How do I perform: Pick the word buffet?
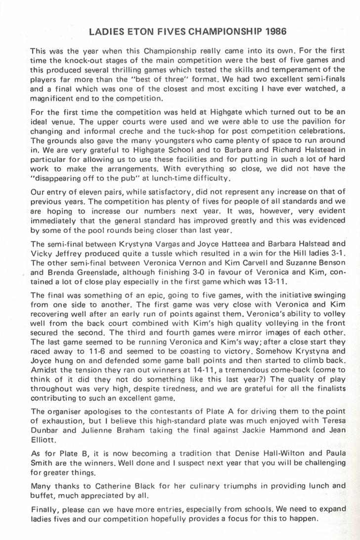(41, 495)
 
